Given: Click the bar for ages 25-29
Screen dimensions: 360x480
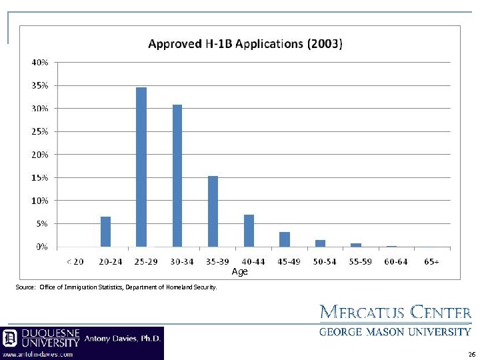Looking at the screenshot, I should pyautogui.click(x=141, y=167).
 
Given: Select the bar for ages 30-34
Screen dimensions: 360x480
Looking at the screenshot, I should pyautogui.click(x=177, y=175).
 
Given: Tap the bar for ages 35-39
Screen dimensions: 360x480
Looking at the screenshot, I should pyautogui.click(x=213, y=211).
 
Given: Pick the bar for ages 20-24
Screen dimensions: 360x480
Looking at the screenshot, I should pyautogui.click(x=105, y=231).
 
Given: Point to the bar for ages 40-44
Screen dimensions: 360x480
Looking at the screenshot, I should pyautogui.click(x=249, y=230).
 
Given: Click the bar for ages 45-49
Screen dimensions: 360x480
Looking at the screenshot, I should pyautogui.click(x=285, y=239).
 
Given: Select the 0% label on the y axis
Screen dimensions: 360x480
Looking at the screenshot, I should pyautogui.click(x=41, y=247).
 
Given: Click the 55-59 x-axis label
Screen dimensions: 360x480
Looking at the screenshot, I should pyautogui.click(x=360, y=261).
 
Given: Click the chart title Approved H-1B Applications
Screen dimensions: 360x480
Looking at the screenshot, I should pyautogui.click(x=225, y=45).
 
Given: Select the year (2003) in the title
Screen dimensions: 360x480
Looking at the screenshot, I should pyautogui.click(x=325, y=45).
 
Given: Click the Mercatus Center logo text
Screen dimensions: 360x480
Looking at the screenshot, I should pyautogui.click(x=396, y=313).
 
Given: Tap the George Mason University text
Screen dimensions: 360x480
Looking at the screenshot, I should pyautogui.click(x=396, y=331).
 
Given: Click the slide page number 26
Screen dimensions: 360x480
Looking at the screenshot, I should pyautogui.click(x=471, y=355).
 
